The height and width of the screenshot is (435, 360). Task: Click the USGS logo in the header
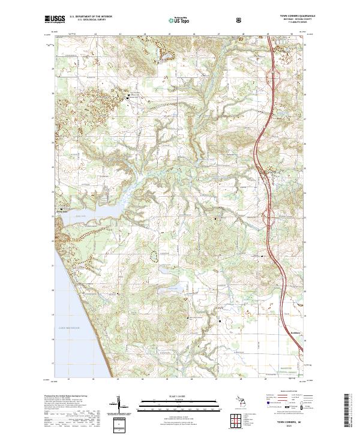[55, 20]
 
